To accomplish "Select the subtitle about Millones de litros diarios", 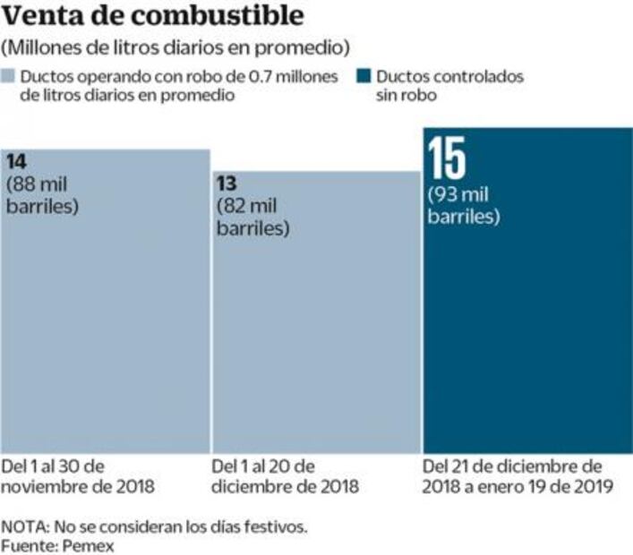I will point(176,47).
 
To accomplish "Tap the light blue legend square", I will point(9,77).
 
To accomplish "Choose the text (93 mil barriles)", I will point(464,206).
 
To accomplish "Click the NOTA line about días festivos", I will point(155,525).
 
